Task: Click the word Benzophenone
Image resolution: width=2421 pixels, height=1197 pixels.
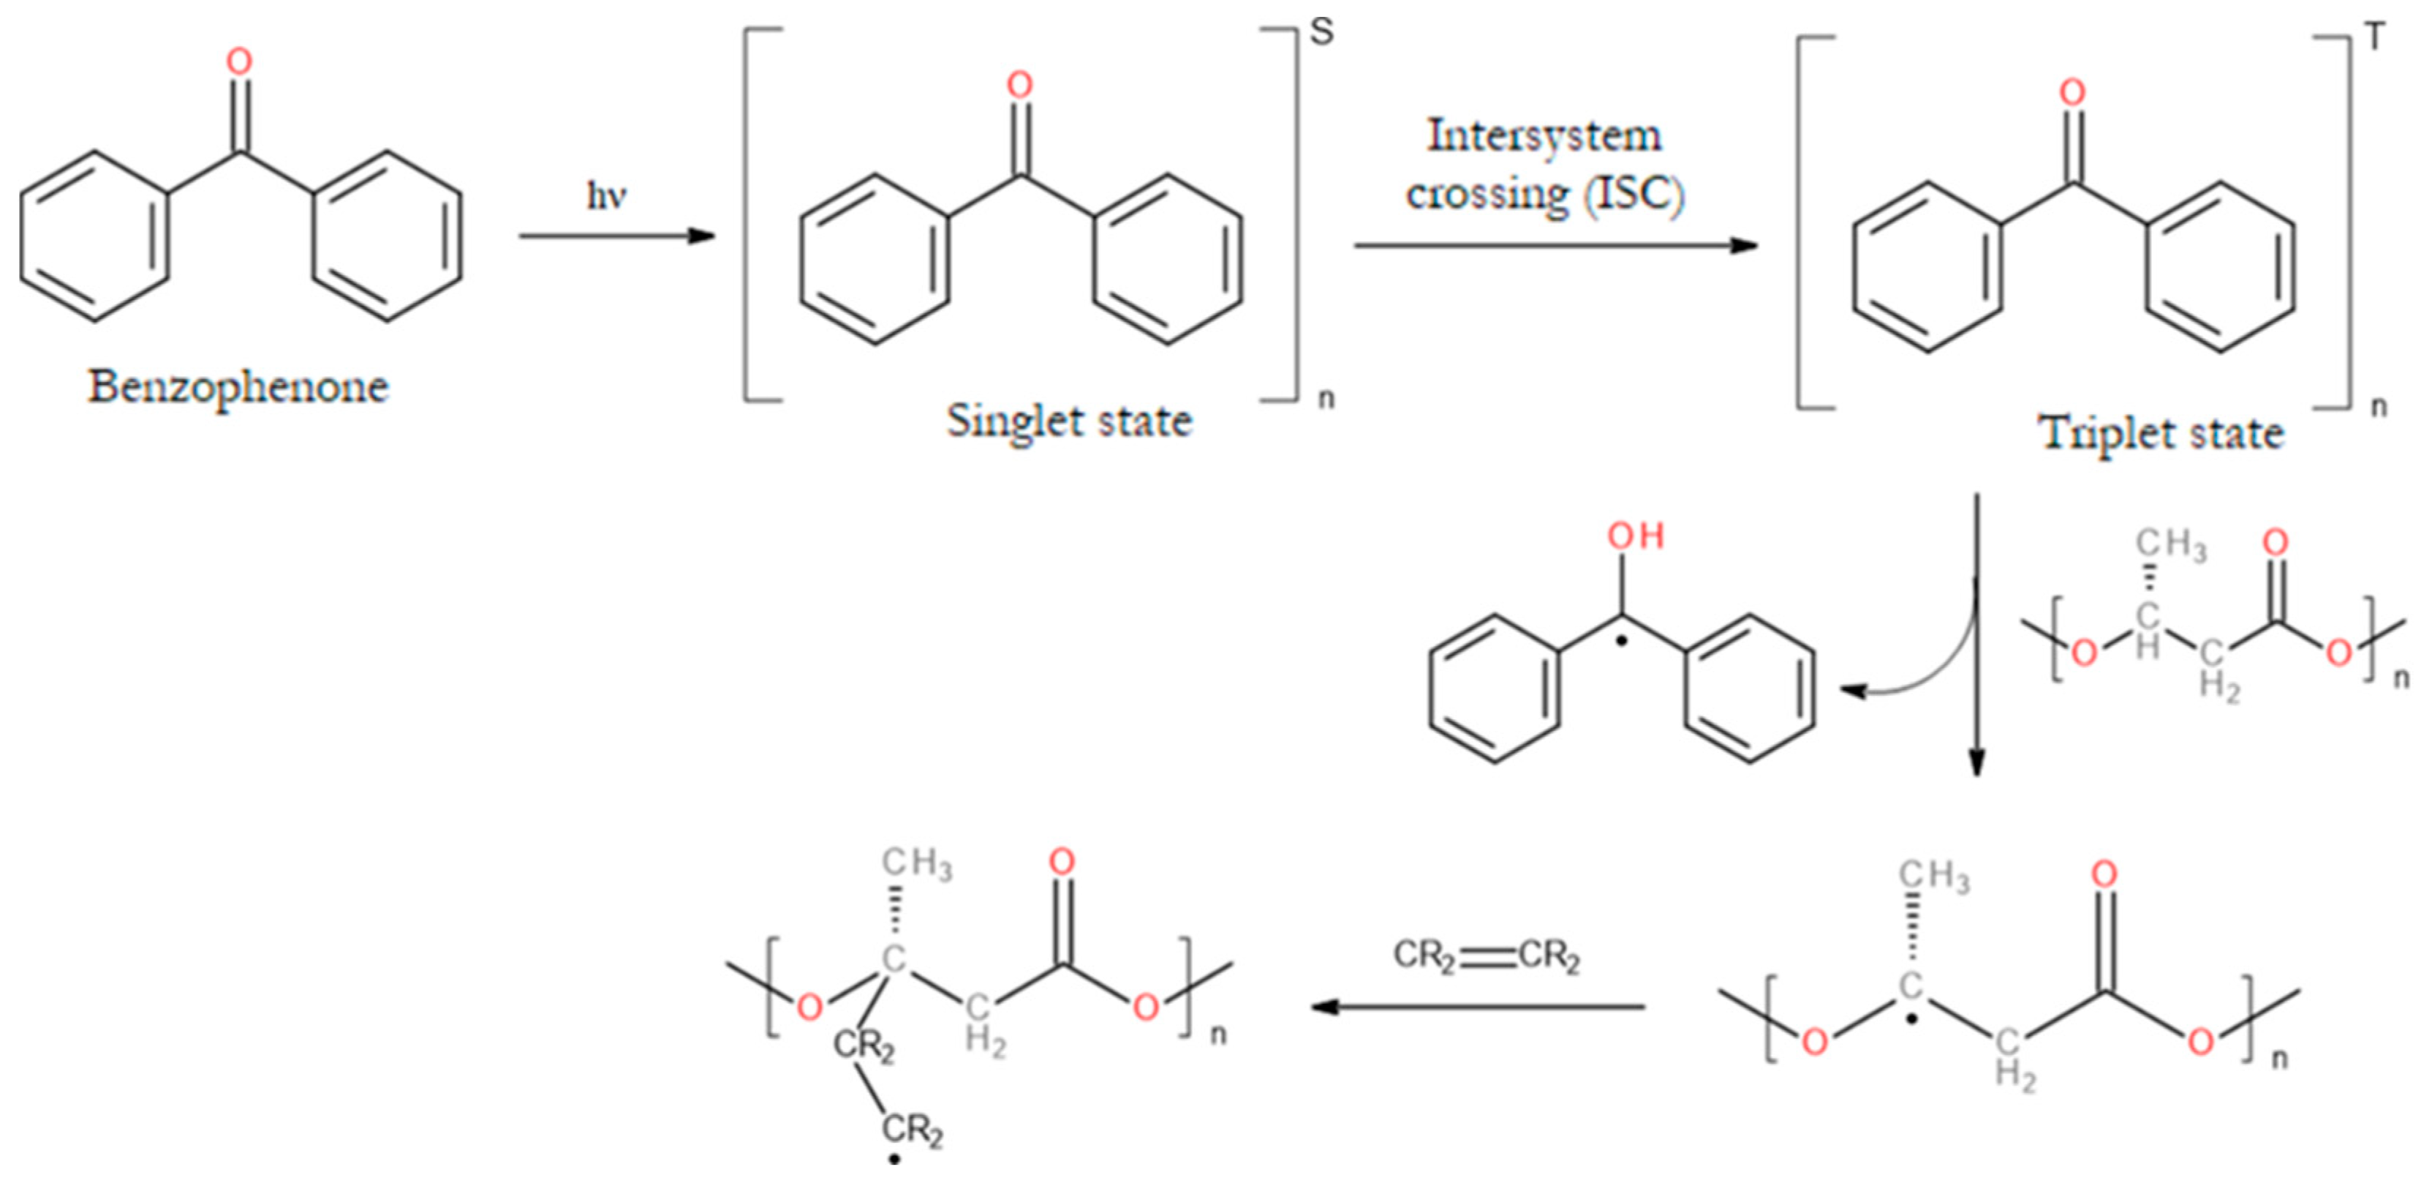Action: pyautogui.click(x=238, y=387)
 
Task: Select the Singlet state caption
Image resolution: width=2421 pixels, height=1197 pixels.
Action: pyautogui.click(x=1068, y=420)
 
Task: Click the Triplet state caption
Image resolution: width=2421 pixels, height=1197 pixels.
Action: pyautogui.click(x=2161, y=433)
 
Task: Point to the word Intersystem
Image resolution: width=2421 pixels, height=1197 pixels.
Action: pyautogui.click(x=1544, y=135)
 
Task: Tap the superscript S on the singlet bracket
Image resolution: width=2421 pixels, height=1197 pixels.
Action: pyautogui.click(x=1321, y=32)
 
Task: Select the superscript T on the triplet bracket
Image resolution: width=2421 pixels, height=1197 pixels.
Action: pyautogui.click(x=2375, y=37)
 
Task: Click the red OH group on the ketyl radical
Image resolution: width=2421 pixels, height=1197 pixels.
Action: pyautogui.click(x=1635, y=536)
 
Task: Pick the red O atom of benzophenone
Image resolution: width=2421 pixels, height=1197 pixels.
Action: pyautogui.click(x=240, y=62)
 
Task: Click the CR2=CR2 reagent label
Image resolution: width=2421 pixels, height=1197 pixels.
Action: pyautogui.click(x=1486, y=956)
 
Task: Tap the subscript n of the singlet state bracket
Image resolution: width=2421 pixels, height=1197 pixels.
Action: pyautogui.click(x=1325, y=399)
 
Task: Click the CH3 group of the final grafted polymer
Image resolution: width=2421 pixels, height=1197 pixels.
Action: pyautogui.click(x=916, y=863)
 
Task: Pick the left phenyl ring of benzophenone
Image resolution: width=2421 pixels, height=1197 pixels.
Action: pyautogui.click(x=95, y=236)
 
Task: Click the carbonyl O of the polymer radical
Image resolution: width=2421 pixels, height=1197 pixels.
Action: pyautogui.click(x=2104, y=874)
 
